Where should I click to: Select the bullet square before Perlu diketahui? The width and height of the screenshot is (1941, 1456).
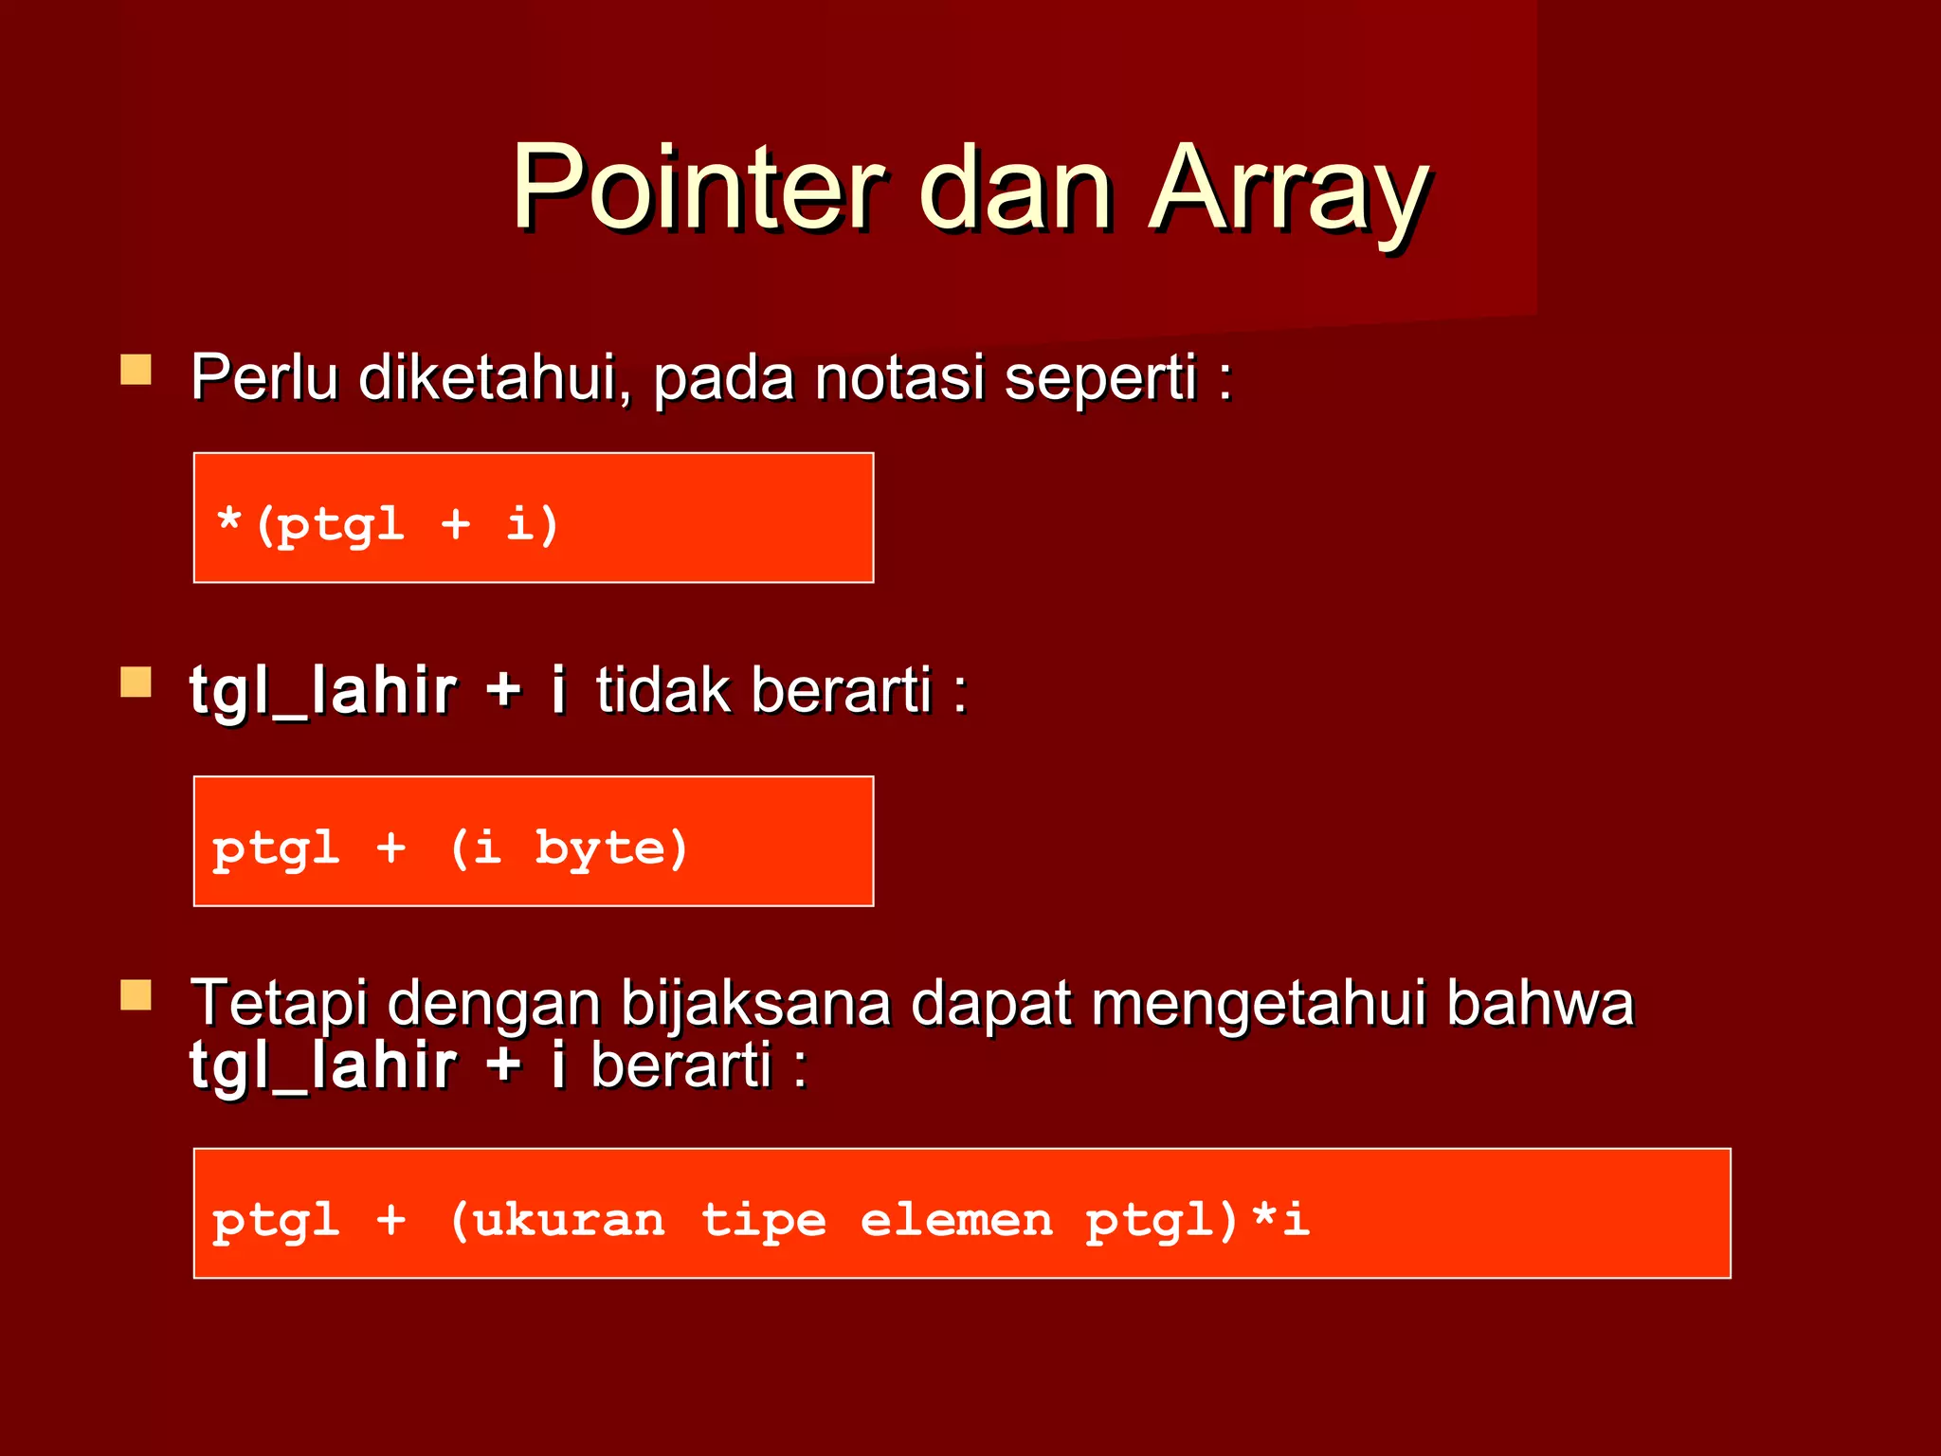(136, 370)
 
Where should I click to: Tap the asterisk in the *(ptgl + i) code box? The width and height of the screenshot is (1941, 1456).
(228, 521)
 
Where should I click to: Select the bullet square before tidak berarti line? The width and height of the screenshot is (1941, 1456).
(136, 682)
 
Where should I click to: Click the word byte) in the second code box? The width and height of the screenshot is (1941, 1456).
(611, 847)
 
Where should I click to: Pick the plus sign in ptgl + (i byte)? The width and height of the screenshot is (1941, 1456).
(390, 846)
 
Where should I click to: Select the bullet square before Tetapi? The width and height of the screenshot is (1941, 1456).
(136, 995)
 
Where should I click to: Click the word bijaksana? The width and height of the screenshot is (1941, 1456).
(755, 1003)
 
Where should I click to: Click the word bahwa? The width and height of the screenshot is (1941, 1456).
(1540, 1003)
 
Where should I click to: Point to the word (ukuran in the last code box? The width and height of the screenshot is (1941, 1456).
(557, 1219)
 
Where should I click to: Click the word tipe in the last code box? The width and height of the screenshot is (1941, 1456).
(763, 1219)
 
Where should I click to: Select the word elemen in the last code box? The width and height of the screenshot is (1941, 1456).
(955, 1219)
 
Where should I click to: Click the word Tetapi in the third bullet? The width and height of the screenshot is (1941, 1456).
(279, 1003)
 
